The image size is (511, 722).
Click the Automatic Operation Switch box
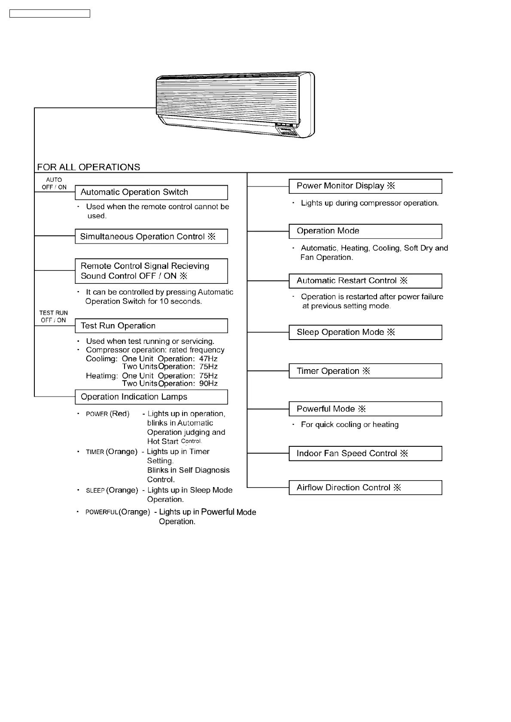(x=151, y=193)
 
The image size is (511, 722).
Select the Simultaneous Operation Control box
(x=151, y=237)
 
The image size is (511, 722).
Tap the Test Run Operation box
(x=151, y=326)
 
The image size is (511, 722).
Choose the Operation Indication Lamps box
(x=151, y=397)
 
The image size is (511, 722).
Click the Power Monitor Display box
(x=365, y=186)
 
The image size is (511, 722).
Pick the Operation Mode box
(x=365, y=231)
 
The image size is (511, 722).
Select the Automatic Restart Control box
(x=365, y=281)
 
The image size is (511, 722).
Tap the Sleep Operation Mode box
(x=365, y=332)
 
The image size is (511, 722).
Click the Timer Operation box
(x=365, y=371)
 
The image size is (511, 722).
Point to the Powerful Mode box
(x=365, y=409)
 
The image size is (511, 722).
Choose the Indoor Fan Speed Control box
(x=365, y=454)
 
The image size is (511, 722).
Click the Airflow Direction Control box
(x=365, y=487)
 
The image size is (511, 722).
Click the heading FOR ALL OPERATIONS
(x=88, y=167)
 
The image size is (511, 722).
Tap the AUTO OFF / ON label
(x=54, y=184)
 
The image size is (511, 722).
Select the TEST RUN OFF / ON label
(x=54, y=316)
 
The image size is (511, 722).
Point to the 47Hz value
(x=208, y=358)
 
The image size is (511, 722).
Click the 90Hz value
(x=208, y=384)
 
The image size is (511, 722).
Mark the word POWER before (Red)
(x=97, y=414)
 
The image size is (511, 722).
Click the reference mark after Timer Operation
(x=366, y=371)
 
